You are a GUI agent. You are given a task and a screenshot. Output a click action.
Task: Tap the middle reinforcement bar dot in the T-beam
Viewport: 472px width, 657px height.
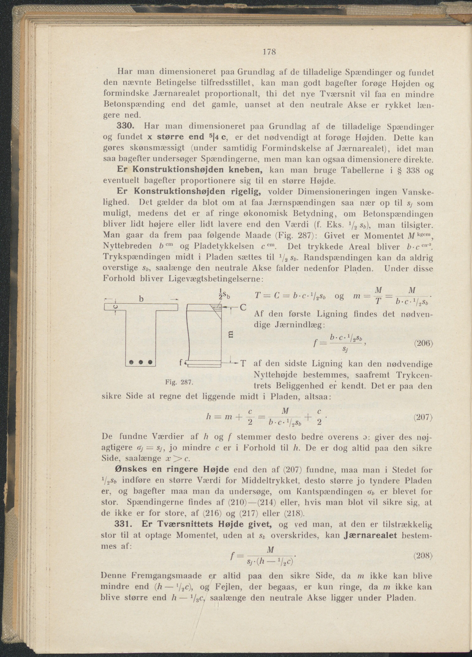pos(141,362)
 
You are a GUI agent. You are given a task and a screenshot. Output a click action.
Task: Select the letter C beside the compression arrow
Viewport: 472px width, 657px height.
pos(243,307)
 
